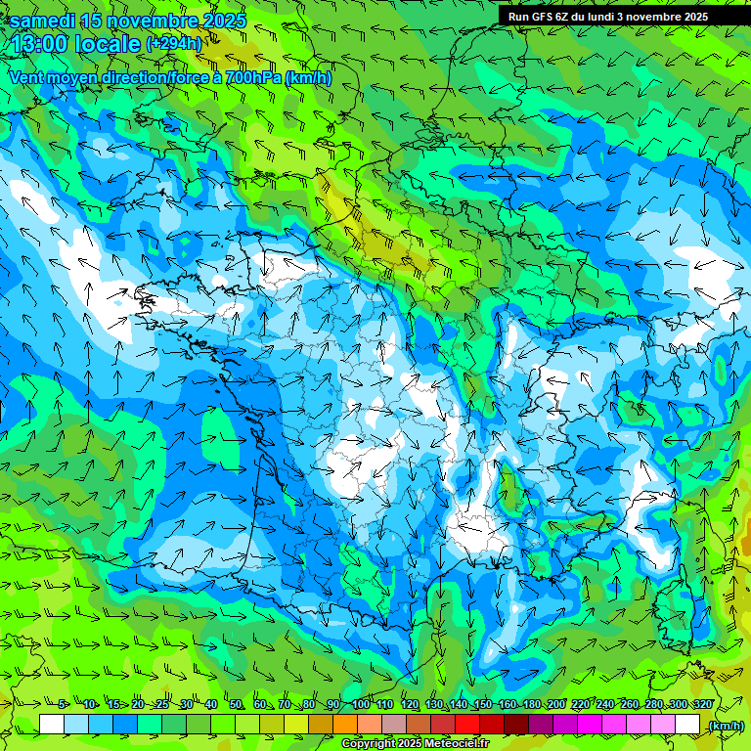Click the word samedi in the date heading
coord(43,21)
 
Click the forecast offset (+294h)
coord(173,43)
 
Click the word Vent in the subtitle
coord(29,77)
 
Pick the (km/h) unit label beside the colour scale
coord(725,726)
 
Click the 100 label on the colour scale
coord(360,705)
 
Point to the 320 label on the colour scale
coord(703,705)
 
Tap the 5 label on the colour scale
coord(62,705)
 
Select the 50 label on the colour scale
coord(236,705)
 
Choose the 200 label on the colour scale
coord(555,705)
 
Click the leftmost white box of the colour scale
coord(52,725)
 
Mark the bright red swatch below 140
coord(467,725)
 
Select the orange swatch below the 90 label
coord(345,725)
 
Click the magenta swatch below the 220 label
coord(590,725)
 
